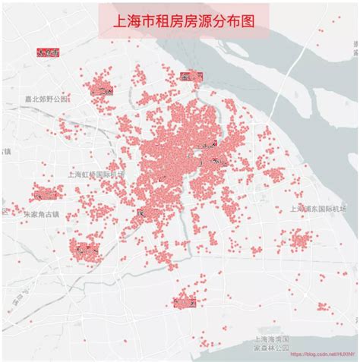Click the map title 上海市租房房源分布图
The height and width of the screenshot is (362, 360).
180,21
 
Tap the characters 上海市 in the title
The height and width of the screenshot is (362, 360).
131,21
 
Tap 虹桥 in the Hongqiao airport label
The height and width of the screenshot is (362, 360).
90,174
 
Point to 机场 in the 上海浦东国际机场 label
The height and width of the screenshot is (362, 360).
339,209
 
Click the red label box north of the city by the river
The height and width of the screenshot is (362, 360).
191,75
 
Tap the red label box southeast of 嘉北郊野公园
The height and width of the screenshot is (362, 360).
101,90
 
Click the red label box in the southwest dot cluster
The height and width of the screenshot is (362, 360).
85,248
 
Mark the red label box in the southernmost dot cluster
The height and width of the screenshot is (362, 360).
185,302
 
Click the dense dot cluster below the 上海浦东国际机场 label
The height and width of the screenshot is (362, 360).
301,241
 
